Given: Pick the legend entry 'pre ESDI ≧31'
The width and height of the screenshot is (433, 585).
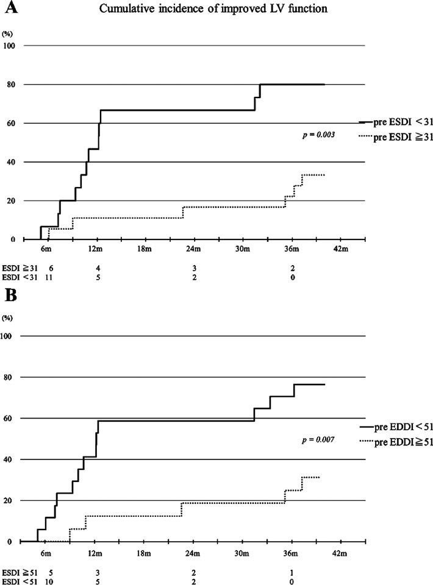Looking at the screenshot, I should [399, 138].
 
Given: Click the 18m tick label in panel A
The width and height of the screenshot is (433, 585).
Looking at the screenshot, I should [143, 250].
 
